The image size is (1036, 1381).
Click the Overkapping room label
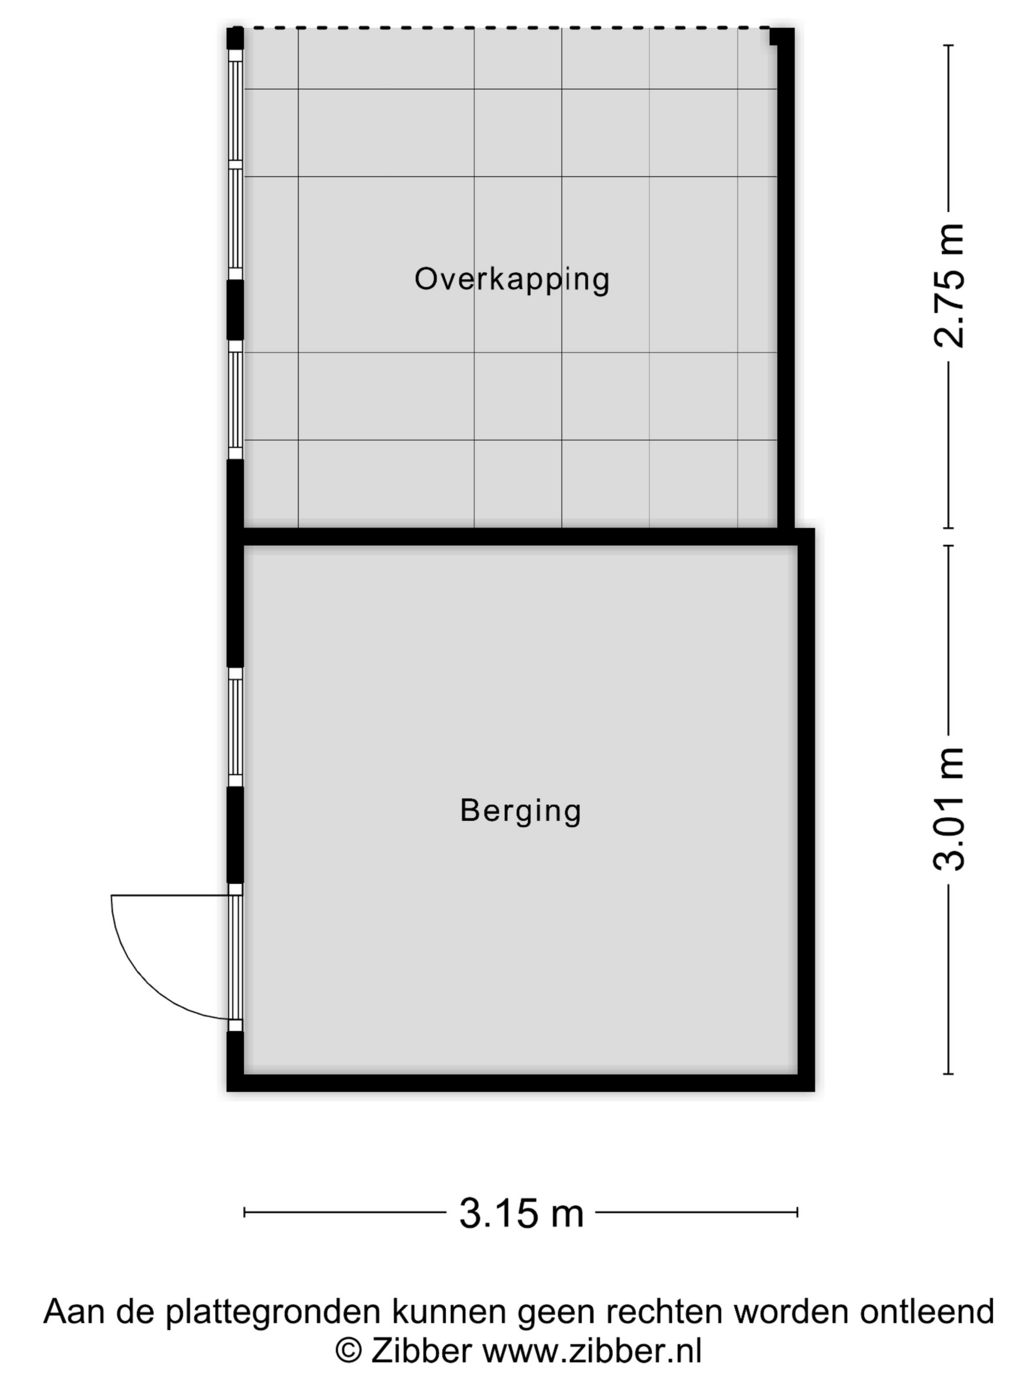(512, 279)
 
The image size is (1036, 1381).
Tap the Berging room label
(521, 811)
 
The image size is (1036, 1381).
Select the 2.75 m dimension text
(949, 286)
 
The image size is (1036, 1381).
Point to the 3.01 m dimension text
(949, 809)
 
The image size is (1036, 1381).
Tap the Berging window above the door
(235, 727)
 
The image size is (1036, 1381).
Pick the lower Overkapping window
(235, 400)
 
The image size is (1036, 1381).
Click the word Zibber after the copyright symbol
(421, 1350)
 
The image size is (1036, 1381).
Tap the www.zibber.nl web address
(592, 1350)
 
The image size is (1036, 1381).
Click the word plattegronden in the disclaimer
(273, 1311)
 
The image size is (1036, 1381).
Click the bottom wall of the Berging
(520, 1083)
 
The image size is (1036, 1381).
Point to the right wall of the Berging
(806, 810)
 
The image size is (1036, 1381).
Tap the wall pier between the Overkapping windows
(235, 310)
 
